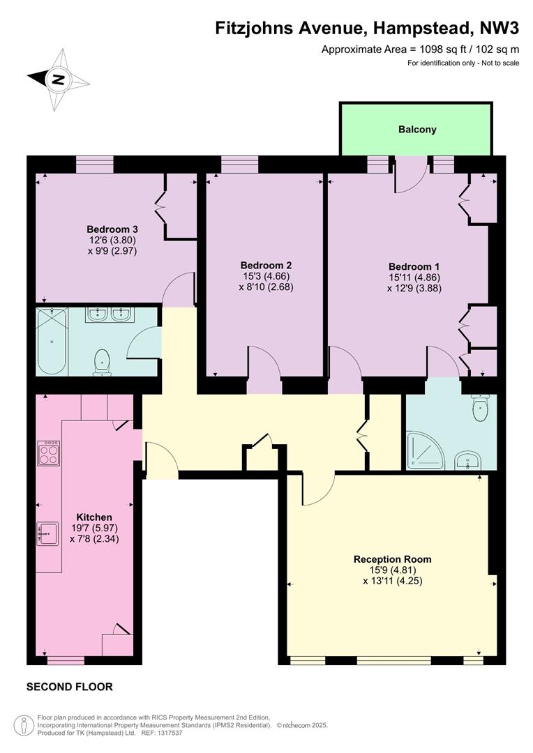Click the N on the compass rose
coord(58,79)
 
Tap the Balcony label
coord(417,129)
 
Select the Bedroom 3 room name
coord(112,229)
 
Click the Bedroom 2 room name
coord(266,265)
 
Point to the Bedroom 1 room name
coord(414,266)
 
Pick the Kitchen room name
coord(94,517)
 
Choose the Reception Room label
coord(392,559)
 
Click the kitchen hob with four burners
coord(49,453)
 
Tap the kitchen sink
coord(47,533)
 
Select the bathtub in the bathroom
coord(52,342)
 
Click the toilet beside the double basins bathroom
coord(102,363)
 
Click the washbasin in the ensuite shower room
coord(467,460)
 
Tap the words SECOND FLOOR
coord(70,687)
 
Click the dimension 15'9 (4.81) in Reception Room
coord(392,570)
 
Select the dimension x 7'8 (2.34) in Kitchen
coord(94,539)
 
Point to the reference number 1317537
coord(169,733)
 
